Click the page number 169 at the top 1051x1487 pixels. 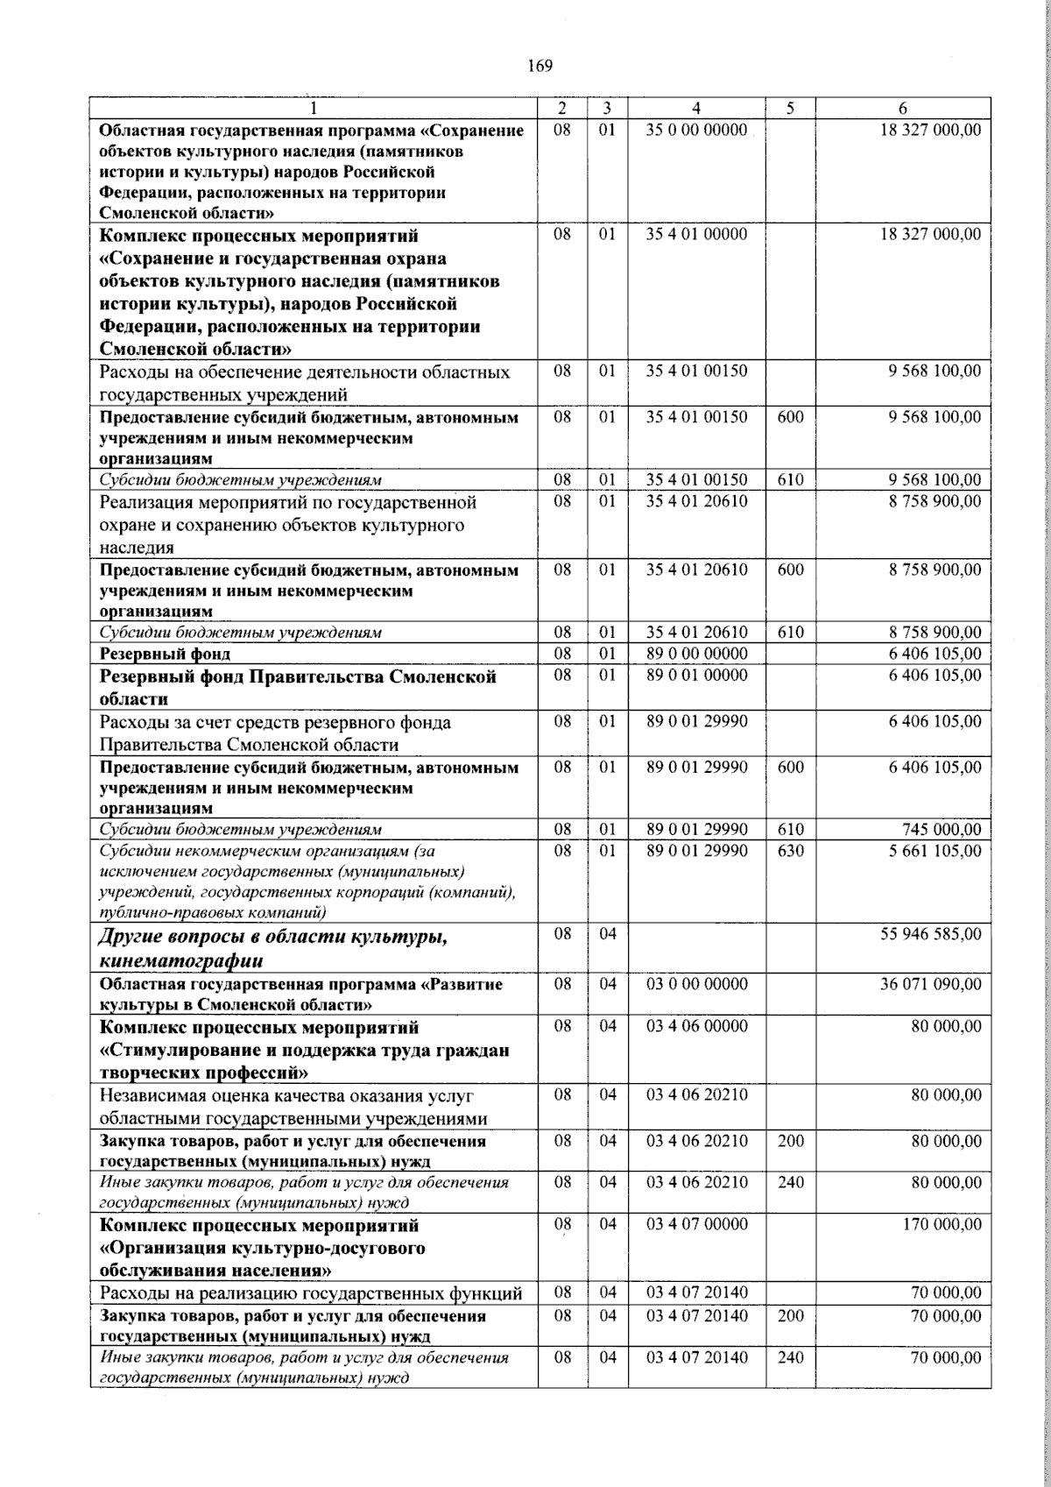click(540, 66)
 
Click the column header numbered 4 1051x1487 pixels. click(696, 109)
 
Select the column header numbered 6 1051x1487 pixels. click(903, 109)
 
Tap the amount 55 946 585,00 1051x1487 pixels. click(930, 934)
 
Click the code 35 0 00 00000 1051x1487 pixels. click(696, 130)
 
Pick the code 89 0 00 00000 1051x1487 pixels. click(696, 654)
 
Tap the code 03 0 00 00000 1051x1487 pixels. click(696, 984)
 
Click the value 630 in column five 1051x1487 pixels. click(790, 850)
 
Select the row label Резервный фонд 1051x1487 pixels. click(166, 654)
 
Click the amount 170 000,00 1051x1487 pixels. click(942, 1224)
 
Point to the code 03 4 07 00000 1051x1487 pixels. click(696, 1224)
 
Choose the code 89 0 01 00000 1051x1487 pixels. click(696, 676)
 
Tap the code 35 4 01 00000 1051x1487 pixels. click(696, 235)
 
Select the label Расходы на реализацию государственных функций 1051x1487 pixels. click(311, 1293)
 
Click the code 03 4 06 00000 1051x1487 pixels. click(696, 1026)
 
